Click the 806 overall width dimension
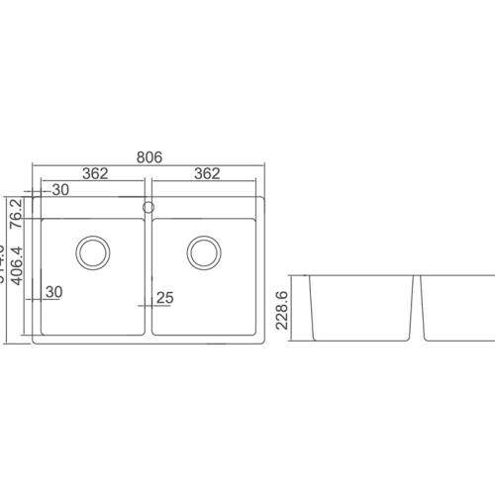(x=148, y=156)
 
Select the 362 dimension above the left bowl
(x=95, y=173)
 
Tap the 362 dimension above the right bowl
(x=207, y=173)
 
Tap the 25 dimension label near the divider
(x=165, y=297)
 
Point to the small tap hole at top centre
(x=148, y=207)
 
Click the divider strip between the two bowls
(x=148, y=277)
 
